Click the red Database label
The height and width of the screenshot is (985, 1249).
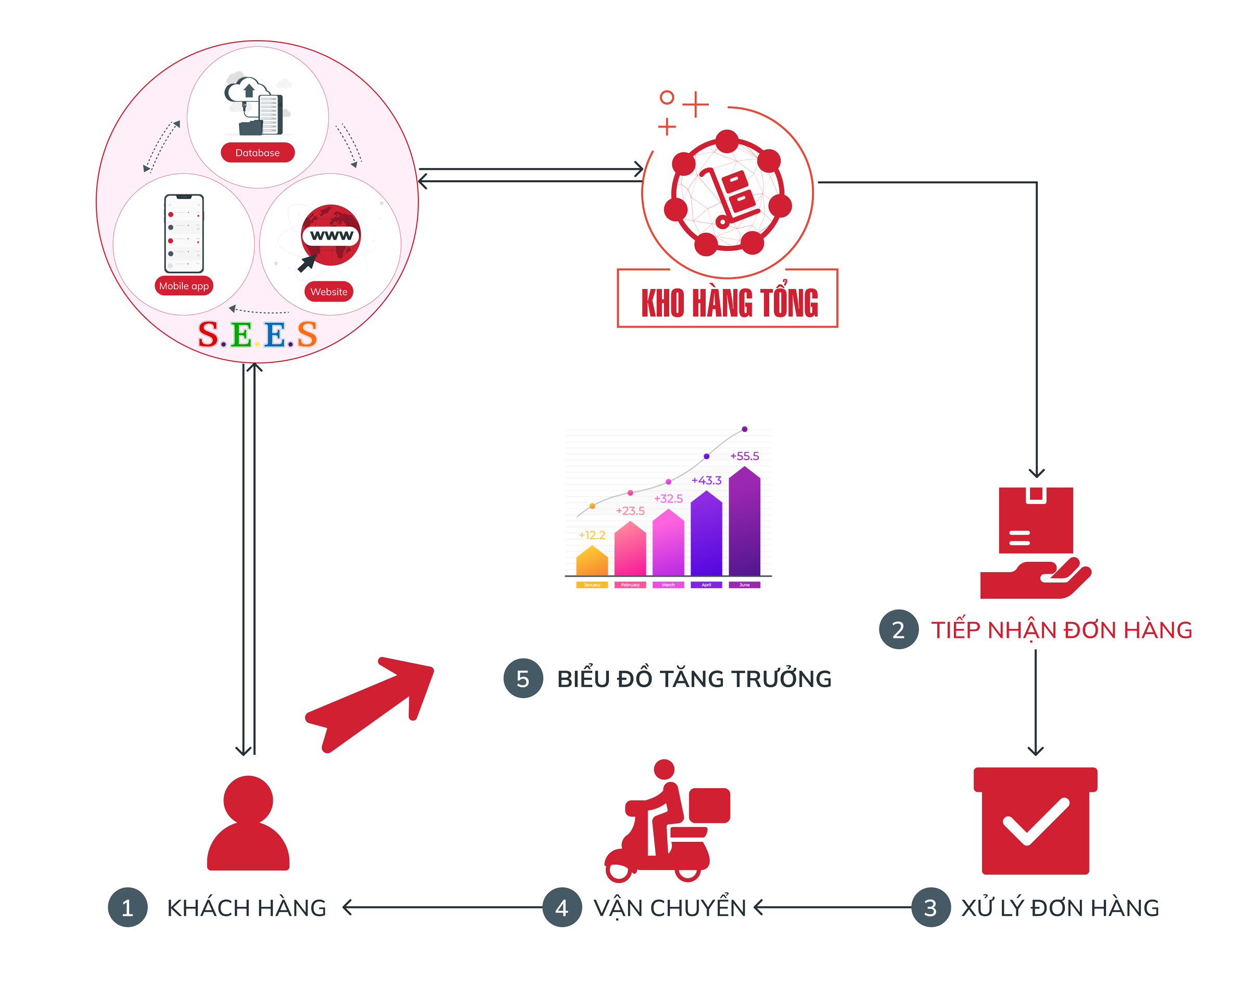[x=257, y=153]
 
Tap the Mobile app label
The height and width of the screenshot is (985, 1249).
[x=183, y=286]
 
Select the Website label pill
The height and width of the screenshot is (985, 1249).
[x=328, y=292]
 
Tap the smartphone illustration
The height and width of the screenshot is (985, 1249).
[x=184, y=233]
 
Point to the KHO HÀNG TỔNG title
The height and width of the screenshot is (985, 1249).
[x=729, y=303]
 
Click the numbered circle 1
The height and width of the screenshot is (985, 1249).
[x=128, y=908]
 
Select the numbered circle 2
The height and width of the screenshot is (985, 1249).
[x=898, y=630]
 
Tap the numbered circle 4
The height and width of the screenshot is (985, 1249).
[x=562, y=908]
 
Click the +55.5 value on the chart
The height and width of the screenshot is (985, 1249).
[x=744, y=456]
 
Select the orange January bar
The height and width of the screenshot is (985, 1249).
[x=592, y=561]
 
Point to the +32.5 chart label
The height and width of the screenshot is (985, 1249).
[x=668, y=499]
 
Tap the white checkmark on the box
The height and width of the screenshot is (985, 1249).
[x=1035, y=822]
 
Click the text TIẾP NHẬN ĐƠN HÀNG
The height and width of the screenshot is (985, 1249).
[x=1061, y=630]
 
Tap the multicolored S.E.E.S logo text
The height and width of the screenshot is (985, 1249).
[x=257, y=334]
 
